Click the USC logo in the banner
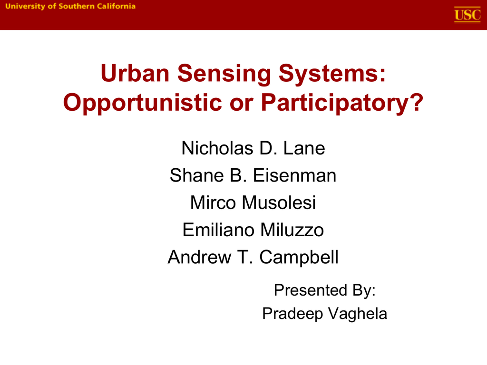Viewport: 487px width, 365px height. tap(467, 15)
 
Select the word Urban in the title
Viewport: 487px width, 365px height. tap(135, 73)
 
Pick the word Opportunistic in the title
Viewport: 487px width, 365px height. tap(143, 103)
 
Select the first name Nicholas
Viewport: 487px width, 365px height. tap(217, 148)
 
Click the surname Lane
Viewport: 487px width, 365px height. tap(304, 148)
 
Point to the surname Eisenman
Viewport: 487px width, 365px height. tap(294, 175)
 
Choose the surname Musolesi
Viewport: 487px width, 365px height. tap(279, 202)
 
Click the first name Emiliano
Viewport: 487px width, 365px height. tap(218, 230)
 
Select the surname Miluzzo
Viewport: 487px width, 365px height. tap(292, 230)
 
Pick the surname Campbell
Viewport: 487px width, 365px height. tap(299, 257)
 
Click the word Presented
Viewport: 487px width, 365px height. tap(310, 290)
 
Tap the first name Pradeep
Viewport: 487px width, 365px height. tap(292, 314)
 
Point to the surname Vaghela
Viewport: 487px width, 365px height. tap(358, 314)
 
